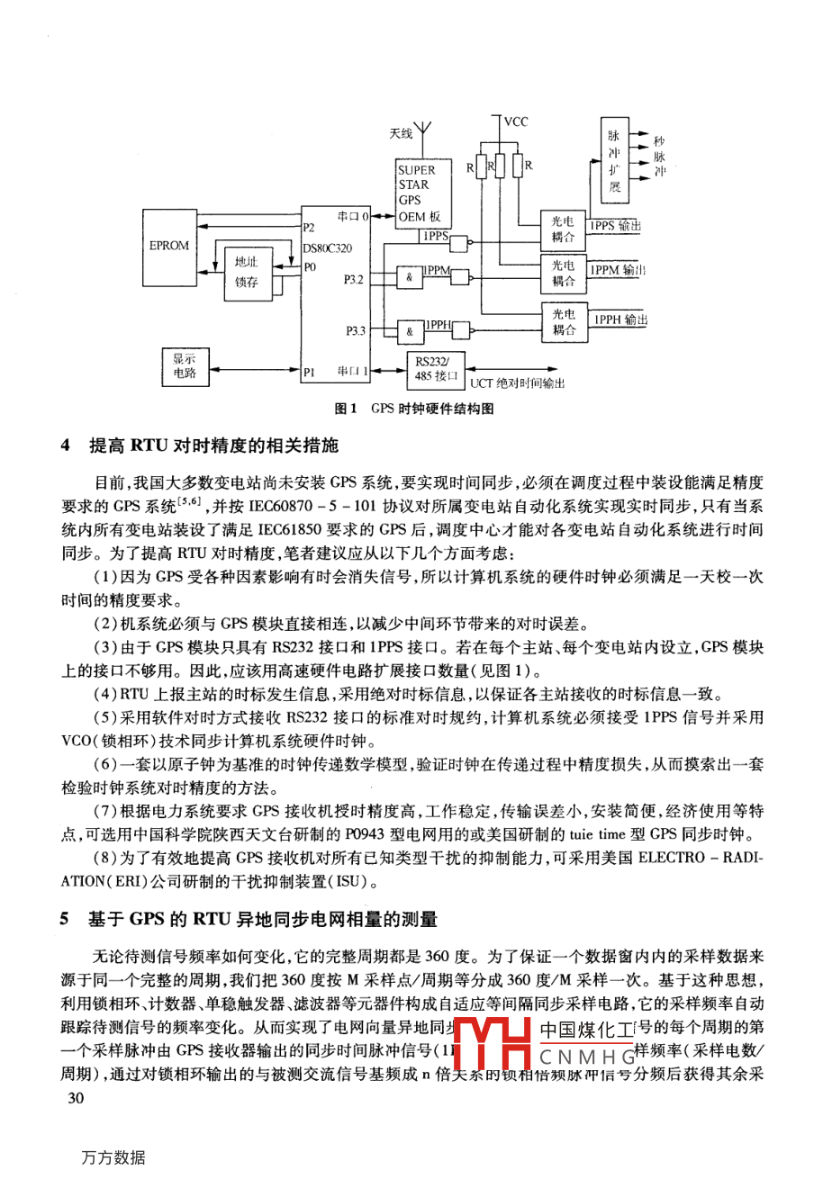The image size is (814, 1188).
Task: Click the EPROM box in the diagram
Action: click(169, 246)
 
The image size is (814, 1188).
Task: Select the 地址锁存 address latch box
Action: click(246, 272)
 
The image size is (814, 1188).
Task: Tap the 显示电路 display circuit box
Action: click(185, 366)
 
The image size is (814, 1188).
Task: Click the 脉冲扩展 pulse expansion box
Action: click(615, 162)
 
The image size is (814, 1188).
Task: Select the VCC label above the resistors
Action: click(516, 121)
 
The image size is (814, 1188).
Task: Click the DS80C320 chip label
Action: click(327, 248)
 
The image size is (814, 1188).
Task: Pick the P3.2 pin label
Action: click(353, 280)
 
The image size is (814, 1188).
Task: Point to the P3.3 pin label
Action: click(355, 331)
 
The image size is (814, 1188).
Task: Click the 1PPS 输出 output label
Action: click(616, 226)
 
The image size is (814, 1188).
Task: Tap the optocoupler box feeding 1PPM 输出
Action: click(564, 273)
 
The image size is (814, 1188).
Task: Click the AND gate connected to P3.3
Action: click(410, 331)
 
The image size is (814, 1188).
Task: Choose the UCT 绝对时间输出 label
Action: click(517, 383)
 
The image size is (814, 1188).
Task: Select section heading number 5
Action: click(65, 919)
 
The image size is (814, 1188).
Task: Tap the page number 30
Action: click(76, 1097)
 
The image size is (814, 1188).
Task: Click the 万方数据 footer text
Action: click(113, 1157)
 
